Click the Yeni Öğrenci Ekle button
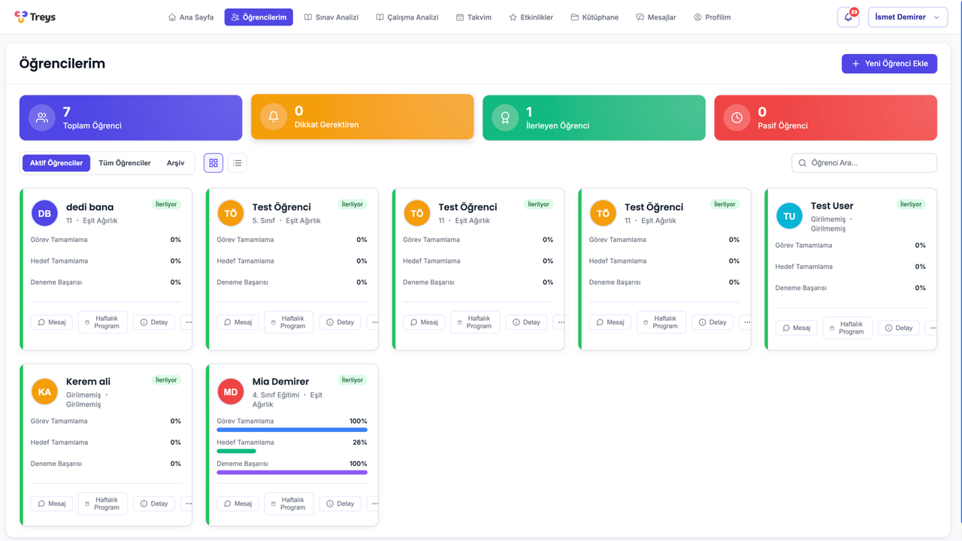pos(889,64)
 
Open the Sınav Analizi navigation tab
pos(331,17)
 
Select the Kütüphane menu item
pos(594,17)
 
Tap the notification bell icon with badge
pos(849,17)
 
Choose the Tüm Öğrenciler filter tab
pos(125,163)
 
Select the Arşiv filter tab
pos(175,163)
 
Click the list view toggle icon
pos(237,163)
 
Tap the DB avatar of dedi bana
pos(44,213)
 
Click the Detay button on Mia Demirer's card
pos(340,503)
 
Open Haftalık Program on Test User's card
pos(847,328)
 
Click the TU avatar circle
pos(789,216)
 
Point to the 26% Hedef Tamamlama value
pos(359,443)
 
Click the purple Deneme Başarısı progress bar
pos(292,473)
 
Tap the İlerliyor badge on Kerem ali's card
pos(166,380)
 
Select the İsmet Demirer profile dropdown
pos(907,17)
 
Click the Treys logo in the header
pos(35,17)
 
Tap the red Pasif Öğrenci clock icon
pos(737,118)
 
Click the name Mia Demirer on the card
pos(280,382)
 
